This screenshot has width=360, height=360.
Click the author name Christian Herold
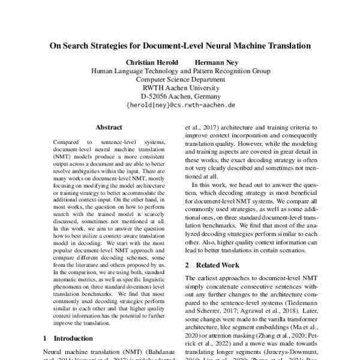click(152, 62)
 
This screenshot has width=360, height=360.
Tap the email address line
click(181, 104)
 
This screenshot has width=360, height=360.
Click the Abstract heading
click(109, 127)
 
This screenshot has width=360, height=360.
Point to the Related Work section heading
click(216, 265)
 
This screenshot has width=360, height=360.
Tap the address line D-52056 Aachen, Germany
click(180, 96)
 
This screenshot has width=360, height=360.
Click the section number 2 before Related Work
click(187, 265)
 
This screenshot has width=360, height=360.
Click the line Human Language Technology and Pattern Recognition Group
click(180, 70)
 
